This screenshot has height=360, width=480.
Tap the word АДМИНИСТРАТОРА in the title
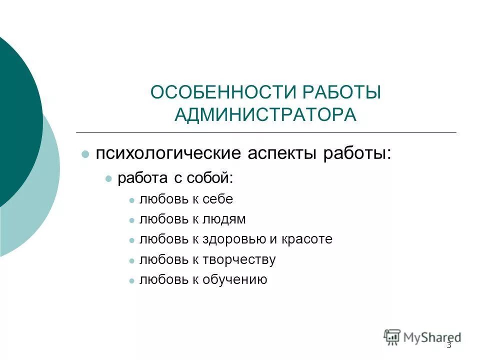[x=265, y=114]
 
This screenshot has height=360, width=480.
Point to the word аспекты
[x=276, y=153]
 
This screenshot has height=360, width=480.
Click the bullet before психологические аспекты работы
[x=85, y=153]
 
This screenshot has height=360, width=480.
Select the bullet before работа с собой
[x=108, y=178]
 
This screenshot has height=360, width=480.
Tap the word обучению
[x=234, y=280]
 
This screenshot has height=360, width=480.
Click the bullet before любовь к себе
[x=131, y=200]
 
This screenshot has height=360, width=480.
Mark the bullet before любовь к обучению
[x=131, y=280]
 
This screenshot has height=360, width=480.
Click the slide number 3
[x=448, y=345]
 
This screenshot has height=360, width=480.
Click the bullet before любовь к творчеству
[x=131, y=260]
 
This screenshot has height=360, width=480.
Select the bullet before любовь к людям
[x=131, y=220]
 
